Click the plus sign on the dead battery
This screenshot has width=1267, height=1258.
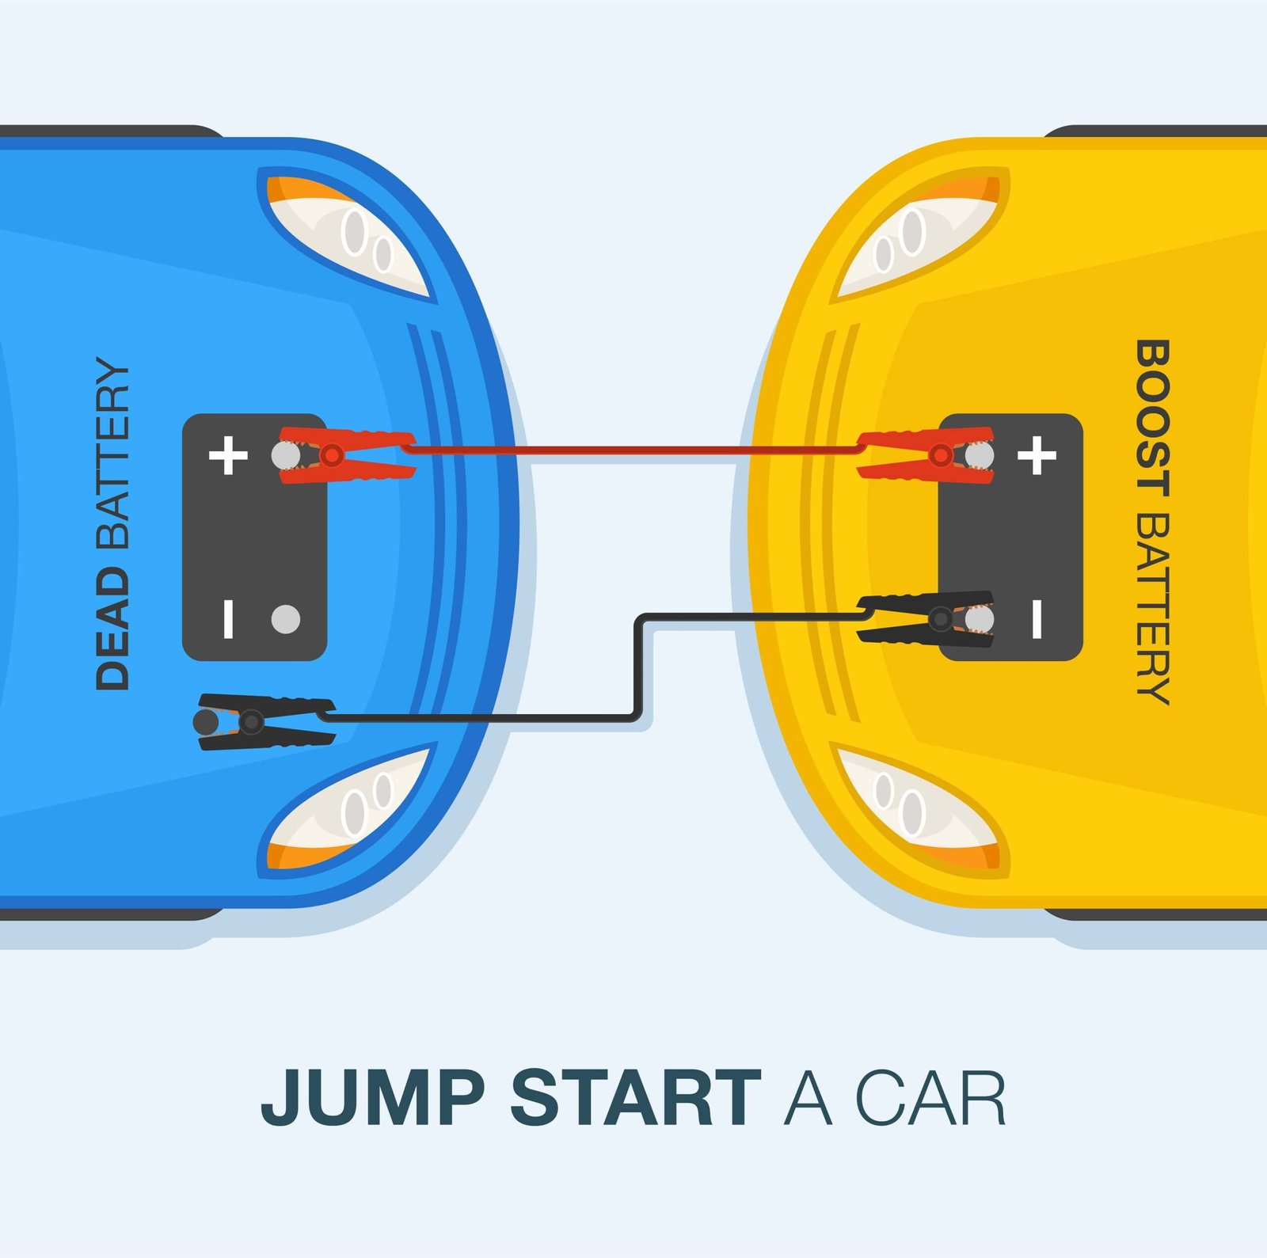[228, 455]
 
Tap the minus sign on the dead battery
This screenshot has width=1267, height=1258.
[228, 619]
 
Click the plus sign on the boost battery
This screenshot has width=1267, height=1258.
[1037, 455]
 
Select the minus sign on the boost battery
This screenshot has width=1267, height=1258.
[1037, 619]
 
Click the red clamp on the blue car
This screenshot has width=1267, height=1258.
[346, 454]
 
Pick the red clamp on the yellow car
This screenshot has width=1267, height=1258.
[926, 455]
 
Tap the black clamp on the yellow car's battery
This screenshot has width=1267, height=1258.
[926, 618]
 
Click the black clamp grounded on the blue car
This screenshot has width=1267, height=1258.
[264, 721]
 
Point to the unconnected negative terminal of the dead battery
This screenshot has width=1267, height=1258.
[286, 619]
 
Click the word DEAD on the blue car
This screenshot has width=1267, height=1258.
[112, 629]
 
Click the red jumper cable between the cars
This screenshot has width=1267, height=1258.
[634, 450]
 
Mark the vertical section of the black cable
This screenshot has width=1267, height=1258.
[638, 667]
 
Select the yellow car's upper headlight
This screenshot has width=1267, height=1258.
[919, 234]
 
